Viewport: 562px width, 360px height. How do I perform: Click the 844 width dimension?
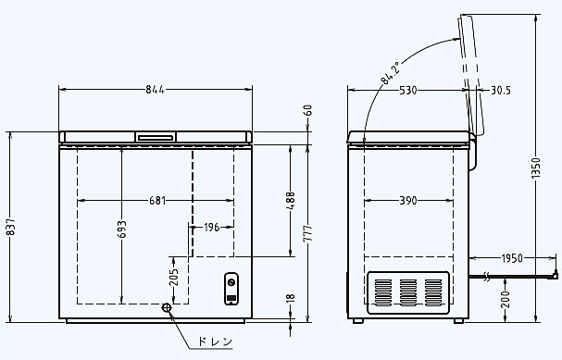(x=155, y=89)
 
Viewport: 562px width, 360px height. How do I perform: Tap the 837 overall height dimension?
(x=11, y=227)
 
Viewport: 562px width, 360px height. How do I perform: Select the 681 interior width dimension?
(x=157, y=201)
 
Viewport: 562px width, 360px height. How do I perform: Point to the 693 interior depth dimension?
(x=122, y=230)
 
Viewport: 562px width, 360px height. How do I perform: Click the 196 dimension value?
(x=211, y=227)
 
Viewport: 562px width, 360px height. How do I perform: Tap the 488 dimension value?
(x=291, y=202)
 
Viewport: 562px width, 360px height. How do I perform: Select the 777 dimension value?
(x=308, y=234)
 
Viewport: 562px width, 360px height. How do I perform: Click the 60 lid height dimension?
(x=308, y=110)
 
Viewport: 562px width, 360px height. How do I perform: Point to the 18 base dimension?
(x=291, y=298)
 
